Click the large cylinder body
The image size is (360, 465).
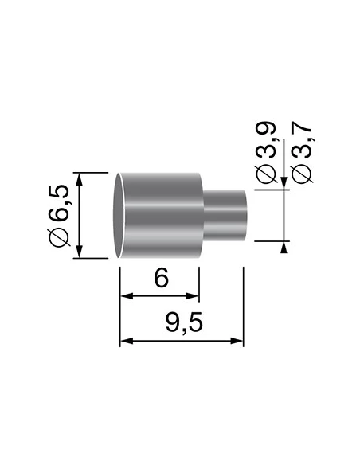[163, 215]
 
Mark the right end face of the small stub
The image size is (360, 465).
[245, 215]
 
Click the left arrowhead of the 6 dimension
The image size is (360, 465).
[124, 299]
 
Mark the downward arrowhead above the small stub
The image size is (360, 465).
[284, 186]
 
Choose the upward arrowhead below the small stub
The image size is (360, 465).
[284, 246]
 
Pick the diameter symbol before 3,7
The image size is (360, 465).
[303, 178]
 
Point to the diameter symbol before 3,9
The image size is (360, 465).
[266, 178]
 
